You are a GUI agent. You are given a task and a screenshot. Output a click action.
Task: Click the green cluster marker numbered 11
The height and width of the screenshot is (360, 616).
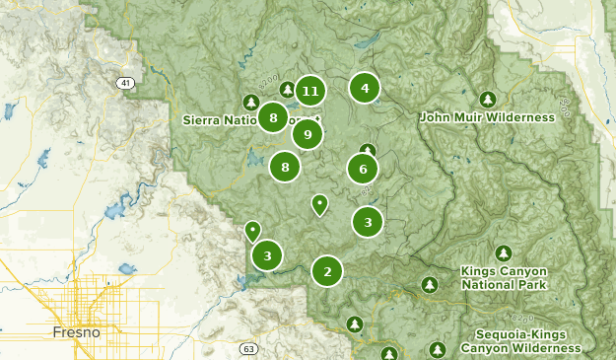point(310,92)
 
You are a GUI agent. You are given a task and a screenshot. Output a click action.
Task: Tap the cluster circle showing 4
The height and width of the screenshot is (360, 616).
point(365,89)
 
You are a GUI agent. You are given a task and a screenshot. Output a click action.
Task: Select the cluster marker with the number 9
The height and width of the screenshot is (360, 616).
point(308,134)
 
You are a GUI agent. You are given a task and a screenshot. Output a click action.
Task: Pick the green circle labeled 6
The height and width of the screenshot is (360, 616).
point(363,170)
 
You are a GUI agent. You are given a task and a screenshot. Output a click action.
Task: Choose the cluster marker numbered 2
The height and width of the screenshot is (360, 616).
point(327,271)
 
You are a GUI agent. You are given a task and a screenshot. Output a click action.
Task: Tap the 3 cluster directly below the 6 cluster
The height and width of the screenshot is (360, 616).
point(368,223)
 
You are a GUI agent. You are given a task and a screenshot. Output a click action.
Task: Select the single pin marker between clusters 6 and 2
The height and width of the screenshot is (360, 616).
point(319,204)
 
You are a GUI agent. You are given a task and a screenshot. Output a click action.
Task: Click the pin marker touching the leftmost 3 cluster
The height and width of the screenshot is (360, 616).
point(252,231)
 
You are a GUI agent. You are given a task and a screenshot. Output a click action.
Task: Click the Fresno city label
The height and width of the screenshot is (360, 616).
point(77,333)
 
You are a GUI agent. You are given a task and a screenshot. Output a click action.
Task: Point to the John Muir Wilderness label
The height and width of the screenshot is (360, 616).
point(487,117)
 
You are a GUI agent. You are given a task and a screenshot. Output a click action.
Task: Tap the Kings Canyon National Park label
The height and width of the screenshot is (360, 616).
point(503,277)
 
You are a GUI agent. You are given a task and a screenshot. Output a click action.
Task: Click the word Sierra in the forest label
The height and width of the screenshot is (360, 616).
point(203,120)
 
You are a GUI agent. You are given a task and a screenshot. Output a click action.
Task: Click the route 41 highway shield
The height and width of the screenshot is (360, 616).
point(125,84)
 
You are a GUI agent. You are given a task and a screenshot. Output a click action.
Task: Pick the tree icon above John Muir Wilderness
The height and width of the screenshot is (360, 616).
point(487,100)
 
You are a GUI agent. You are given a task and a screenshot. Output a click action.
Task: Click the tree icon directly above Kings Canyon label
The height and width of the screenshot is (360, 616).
point(504,253)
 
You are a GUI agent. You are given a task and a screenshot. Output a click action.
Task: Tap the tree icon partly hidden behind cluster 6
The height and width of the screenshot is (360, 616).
point(367,151)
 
